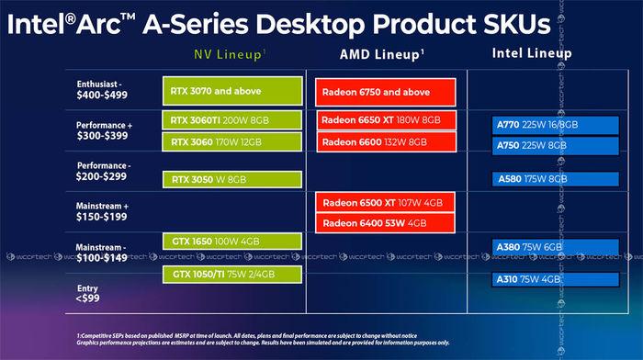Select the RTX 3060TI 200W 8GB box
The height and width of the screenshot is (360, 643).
pyautogui.click(x=231, y=120)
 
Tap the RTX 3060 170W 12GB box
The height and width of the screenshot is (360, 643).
pyautogui.click(x=231, y=141)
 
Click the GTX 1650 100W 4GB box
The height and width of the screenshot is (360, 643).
pyautogui.click(x=231, y=241)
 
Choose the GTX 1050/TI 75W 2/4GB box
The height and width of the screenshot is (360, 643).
pyautogui.click(x=231, y=274)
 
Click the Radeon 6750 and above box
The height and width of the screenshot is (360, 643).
pyautogui.click(x=386, y=92)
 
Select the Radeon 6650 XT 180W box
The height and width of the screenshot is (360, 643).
pyautogui.click(x=386, y=121)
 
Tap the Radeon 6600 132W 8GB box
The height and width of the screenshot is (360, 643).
pyautogui.click(x=386, y=141)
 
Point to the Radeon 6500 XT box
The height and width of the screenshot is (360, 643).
pyautogui.click(x=386, y=202)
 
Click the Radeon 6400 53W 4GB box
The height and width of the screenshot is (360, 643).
pyautogui.click(x=386, y=223)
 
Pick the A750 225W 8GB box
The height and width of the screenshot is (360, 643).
pyautogui.click(x=547, y=146)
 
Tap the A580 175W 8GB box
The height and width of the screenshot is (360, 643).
pyautogui.click(x=547, y=180)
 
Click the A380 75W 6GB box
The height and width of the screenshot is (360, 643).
pyautogui.click(x=547, y=246)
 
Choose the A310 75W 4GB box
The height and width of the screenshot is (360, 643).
pyautogui.click(x=547, y=279)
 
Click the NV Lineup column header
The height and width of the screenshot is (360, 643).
pyautogui.click(x=230, y=52)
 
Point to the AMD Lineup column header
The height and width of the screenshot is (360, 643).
pyautogui.click(x=385, y=54)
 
